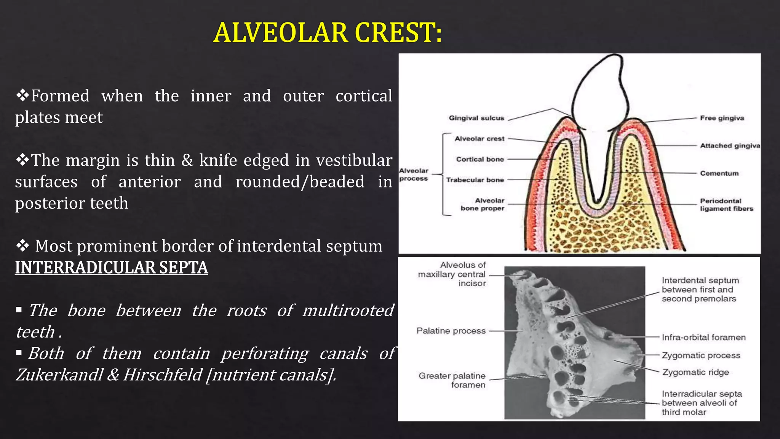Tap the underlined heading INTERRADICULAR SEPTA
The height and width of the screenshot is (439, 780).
[111, 268]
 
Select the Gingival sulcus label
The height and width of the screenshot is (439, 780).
[476, 118]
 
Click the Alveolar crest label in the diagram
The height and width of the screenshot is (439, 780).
[479, 139]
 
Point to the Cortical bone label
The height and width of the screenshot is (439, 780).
[480, 159]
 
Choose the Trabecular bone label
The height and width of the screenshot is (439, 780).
[475, 180]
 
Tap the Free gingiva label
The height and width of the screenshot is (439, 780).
[722, 118]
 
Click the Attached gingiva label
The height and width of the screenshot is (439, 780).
[730, 146]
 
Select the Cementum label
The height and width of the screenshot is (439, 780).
[719, 173]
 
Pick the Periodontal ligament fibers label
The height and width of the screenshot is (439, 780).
[726, 205]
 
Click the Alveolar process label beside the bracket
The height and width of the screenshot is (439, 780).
[414, 175]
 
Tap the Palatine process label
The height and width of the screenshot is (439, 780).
[451, 331]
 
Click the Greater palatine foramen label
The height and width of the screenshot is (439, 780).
[452, 380]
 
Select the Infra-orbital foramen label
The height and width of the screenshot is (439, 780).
[703, 337]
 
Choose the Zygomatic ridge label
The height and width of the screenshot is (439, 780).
[695, 372]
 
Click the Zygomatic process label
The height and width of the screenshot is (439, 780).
[701, 355]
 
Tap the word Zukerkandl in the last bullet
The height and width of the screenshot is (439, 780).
[59, 375]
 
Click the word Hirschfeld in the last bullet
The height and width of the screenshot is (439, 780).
[162, 375]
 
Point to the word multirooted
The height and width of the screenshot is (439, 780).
[348, 311]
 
